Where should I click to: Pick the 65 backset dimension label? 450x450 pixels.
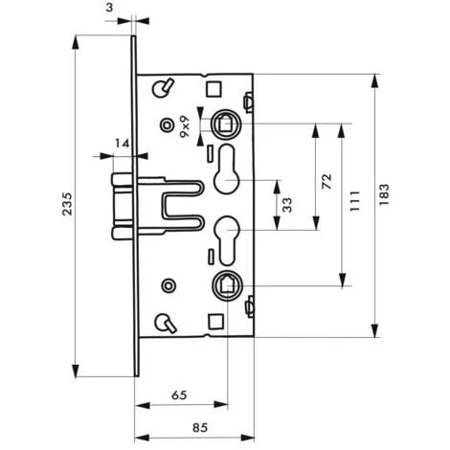click(x=180, y=393)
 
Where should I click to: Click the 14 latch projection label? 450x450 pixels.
click(x=121, y=144)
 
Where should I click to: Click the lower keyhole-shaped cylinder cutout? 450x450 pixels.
click(x=229, y=236)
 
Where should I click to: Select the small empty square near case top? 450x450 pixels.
click(x=214, y=88)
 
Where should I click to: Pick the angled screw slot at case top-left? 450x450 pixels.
click(x=165, y=88)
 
